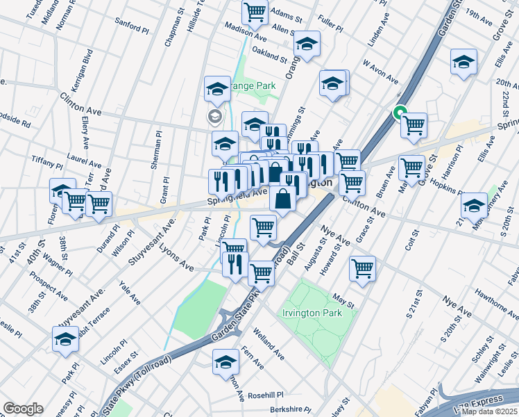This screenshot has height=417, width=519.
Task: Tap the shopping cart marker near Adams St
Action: pos(255,12)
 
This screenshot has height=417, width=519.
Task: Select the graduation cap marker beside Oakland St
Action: pos(306,45)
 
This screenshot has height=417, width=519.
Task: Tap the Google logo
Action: pos(23,409)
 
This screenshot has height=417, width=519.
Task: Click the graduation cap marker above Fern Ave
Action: pos(225,362)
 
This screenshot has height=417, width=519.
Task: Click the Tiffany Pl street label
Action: pos(47,163)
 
